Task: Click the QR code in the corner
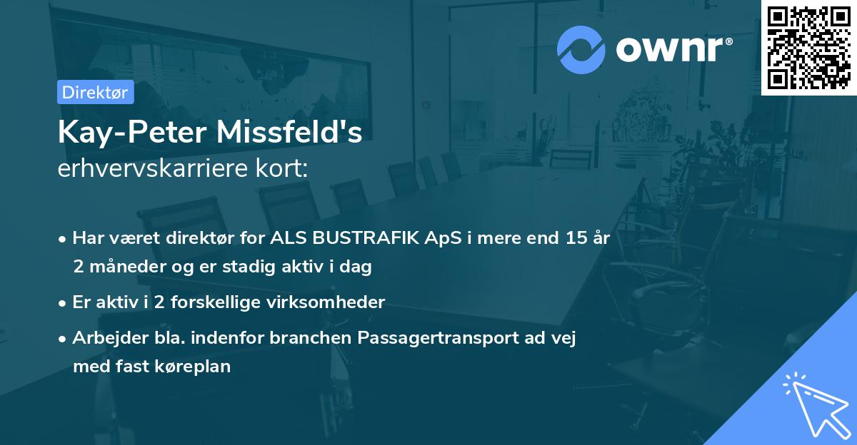(x=808, y=47)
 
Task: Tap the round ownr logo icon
(x=581, y=49)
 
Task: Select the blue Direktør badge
(x=95, y=92)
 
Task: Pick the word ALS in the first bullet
(x=286, y=238)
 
